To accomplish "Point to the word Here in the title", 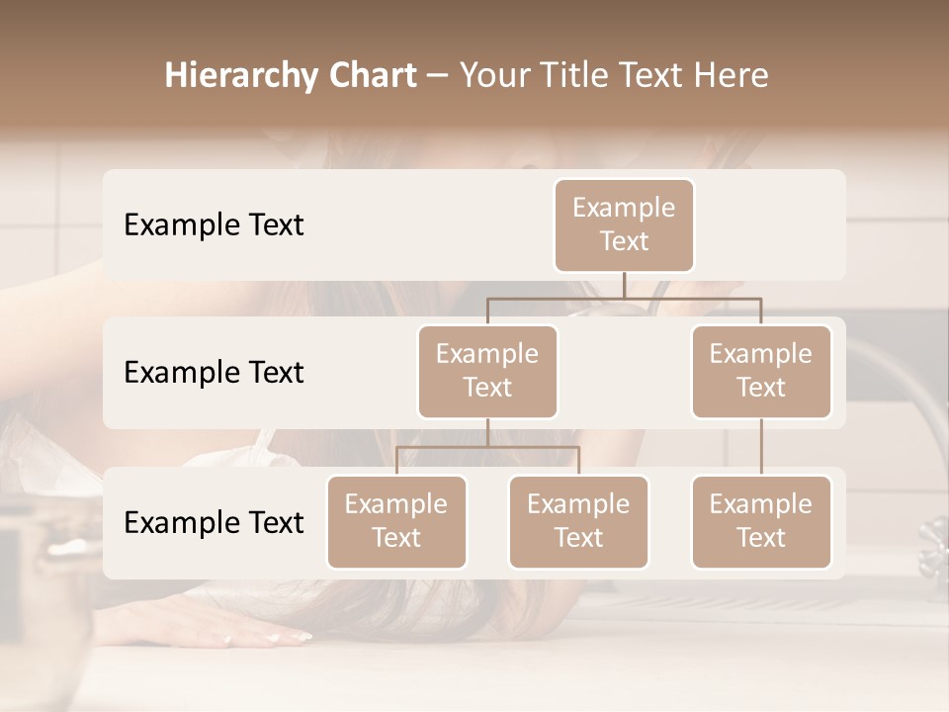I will coord(731,75).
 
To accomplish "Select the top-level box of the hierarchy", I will coord(624,224).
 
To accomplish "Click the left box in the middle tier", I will coord(487,371).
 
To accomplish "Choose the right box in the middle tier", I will coord(761,371).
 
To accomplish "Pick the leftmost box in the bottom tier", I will coord(396,521).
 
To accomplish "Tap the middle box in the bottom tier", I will coord(578,521).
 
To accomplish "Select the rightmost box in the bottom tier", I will coord(761,521).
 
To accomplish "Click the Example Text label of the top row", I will coord(214,224).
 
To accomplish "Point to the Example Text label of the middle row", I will coord(214,372).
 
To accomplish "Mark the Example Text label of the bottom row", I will coord(214,522).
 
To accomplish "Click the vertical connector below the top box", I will coord(624,285).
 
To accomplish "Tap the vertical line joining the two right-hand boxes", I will coord(761,447).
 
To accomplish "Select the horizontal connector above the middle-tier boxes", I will coord(624,298).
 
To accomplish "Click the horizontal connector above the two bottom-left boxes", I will coord(487,447).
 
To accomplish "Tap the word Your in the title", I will coord(493,75).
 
